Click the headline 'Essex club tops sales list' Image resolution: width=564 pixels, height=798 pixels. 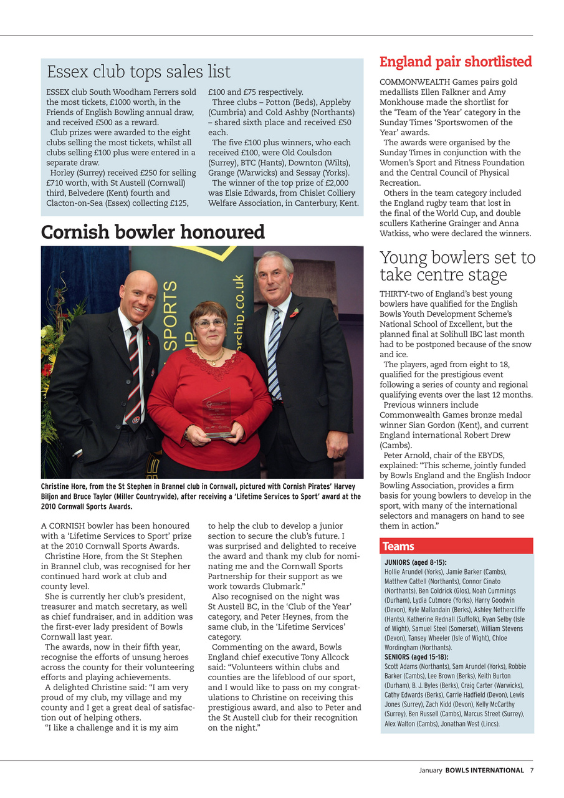(x=138, y=72)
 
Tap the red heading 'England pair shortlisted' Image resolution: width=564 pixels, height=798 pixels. (x=456, y=62)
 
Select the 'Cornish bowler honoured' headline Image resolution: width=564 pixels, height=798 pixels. (x=153, y=233)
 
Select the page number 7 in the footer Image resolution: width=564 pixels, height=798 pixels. (x=532, y=770)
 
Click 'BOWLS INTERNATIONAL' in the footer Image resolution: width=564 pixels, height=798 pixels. (x=484, y=770)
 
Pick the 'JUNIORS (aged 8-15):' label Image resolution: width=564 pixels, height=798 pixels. (x=415, y=562)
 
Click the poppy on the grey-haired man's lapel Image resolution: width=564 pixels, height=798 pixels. (x=295, y=312)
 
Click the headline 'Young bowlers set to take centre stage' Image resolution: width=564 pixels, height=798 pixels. (x=457, y=266)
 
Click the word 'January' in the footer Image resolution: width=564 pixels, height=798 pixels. (x=430, y=770)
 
